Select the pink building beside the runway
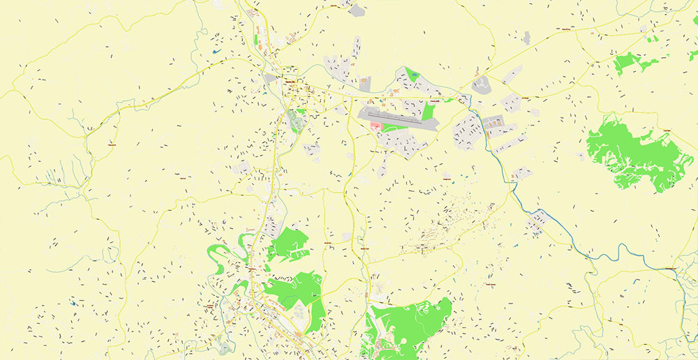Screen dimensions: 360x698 click(x=376, y=126)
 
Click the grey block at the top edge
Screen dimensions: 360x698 click(x=357, y=10)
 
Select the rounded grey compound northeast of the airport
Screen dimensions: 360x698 click(x=481, y=86)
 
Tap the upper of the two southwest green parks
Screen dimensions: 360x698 click(x=288, y=244)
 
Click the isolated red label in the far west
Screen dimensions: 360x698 click(x=112, y=144)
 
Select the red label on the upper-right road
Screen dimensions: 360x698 click(x=562, y=30)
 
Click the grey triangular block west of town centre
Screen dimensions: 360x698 click(x=269, y=77)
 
